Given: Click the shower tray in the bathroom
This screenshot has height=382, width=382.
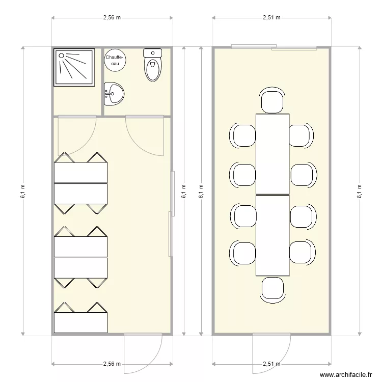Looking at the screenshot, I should [74, 67].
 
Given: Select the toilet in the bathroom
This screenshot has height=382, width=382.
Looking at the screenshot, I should [152, 65].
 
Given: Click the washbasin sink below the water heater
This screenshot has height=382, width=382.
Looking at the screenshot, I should [114, 94].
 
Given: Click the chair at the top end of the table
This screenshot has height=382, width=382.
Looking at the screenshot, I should [272, 100].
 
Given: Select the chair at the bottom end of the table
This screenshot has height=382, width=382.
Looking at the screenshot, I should [272, 289].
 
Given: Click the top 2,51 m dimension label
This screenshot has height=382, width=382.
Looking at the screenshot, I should [271, 17].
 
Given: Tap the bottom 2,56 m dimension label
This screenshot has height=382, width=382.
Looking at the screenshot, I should [112, 364].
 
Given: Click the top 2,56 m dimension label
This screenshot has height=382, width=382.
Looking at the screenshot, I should [112, 17].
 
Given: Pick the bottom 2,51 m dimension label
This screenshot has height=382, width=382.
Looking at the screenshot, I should [271, 364].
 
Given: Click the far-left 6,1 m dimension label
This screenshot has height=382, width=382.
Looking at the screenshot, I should [23, 191].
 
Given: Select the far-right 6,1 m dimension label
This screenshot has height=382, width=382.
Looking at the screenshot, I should [360, 191].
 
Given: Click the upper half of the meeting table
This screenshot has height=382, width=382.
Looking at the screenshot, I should [272, 154].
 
